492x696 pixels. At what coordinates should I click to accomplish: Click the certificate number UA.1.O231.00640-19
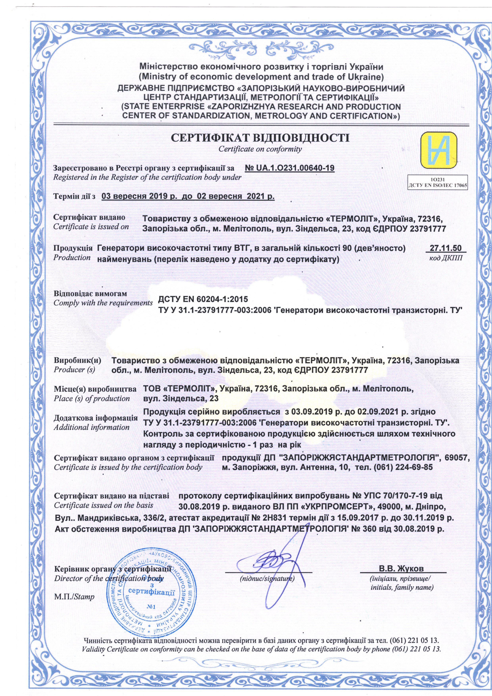click(289, 168)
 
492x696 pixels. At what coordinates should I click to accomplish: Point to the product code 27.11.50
click(446, 248)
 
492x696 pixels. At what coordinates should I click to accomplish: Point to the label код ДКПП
click(446, 259)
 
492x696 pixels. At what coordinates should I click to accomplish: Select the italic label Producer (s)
click(74, 370)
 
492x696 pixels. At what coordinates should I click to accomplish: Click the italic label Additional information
click(91, 427)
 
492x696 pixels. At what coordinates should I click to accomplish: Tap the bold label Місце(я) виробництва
click(95, 389)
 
